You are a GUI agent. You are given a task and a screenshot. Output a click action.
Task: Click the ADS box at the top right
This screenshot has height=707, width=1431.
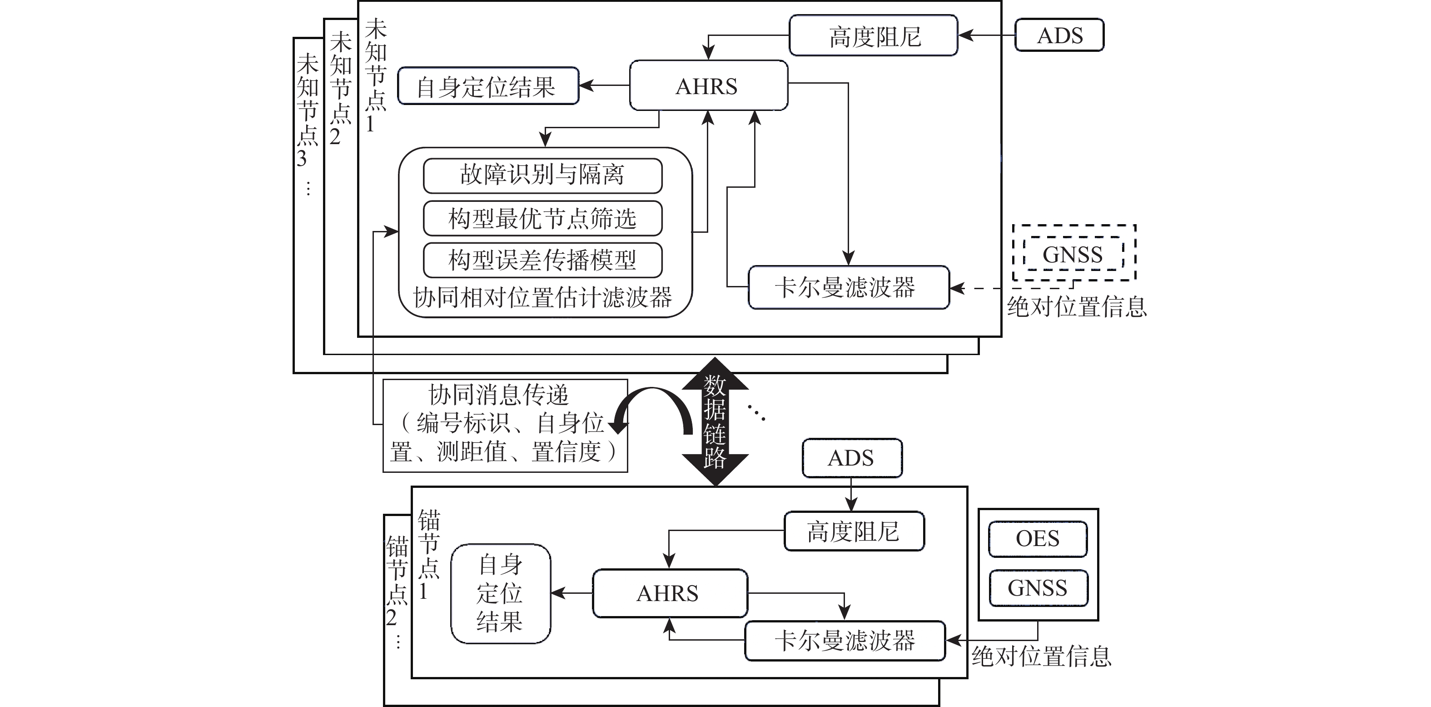1059,35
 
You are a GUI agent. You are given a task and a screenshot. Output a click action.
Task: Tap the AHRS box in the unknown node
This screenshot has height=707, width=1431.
708,85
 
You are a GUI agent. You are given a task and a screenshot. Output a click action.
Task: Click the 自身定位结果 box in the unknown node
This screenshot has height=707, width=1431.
488,86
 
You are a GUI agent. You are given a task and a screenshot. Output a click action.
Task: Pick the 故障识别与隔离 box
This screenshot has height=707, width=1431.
542,175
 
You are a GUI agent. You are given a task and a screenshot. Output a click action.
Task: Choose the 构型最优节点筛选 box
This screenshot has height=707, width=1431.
542,218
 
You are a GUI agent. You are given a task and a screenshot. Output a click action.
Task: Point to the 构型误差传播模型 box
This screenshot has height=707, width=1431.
542,260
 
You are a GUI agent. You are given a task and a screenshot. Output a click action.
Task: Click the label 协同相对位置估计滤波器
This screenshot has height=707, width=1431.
542,298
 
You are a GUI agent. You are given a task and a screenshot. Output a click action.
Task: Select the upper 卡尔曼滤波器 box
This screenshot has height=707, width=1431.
848,287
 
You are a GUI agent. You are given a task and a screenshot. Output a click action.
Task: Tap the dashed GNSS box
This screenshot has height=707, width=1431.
1072,254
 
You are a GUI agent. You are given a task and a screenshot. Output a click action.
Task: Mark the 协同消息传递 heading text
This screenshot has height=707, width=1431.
498,395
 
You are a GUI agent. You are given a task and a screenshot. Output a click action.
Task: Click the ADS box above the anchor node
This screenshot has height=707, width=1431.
851,458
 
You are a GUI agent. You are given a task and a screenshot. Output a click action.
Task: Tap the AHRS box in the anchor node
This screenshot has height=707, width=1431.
670,593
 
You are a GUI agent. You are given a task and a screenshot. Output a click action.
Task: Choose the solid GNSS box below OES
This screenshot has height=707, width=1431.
1037,588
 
